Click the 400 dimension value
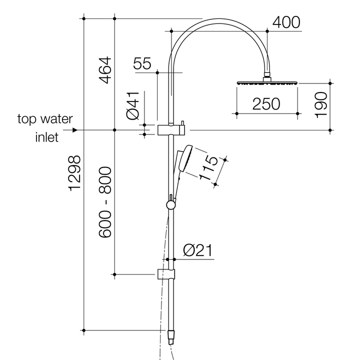coord(286,22)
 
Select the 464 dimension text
coord(104,70)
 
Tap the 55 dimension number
coord(142,63)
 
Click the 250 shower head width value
coord(266,103)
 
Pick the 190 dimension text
coord(321,104)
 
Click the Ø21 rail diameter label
coord(198,250)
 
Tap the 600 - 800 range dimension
coord(104,202)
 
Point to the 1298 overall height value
coord(74,173)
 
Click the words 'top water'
coord(45,119)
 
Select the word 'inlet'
coord(46,137)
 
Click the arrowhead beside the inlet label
coord(75,130)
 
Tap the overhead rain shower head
coord(267,83)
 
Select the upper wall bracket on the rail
coord(171,130)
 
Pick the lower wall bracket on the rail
coord(167,274)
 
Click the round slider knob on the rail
coord(171,204)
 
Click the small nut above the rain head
coord(267,77)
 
